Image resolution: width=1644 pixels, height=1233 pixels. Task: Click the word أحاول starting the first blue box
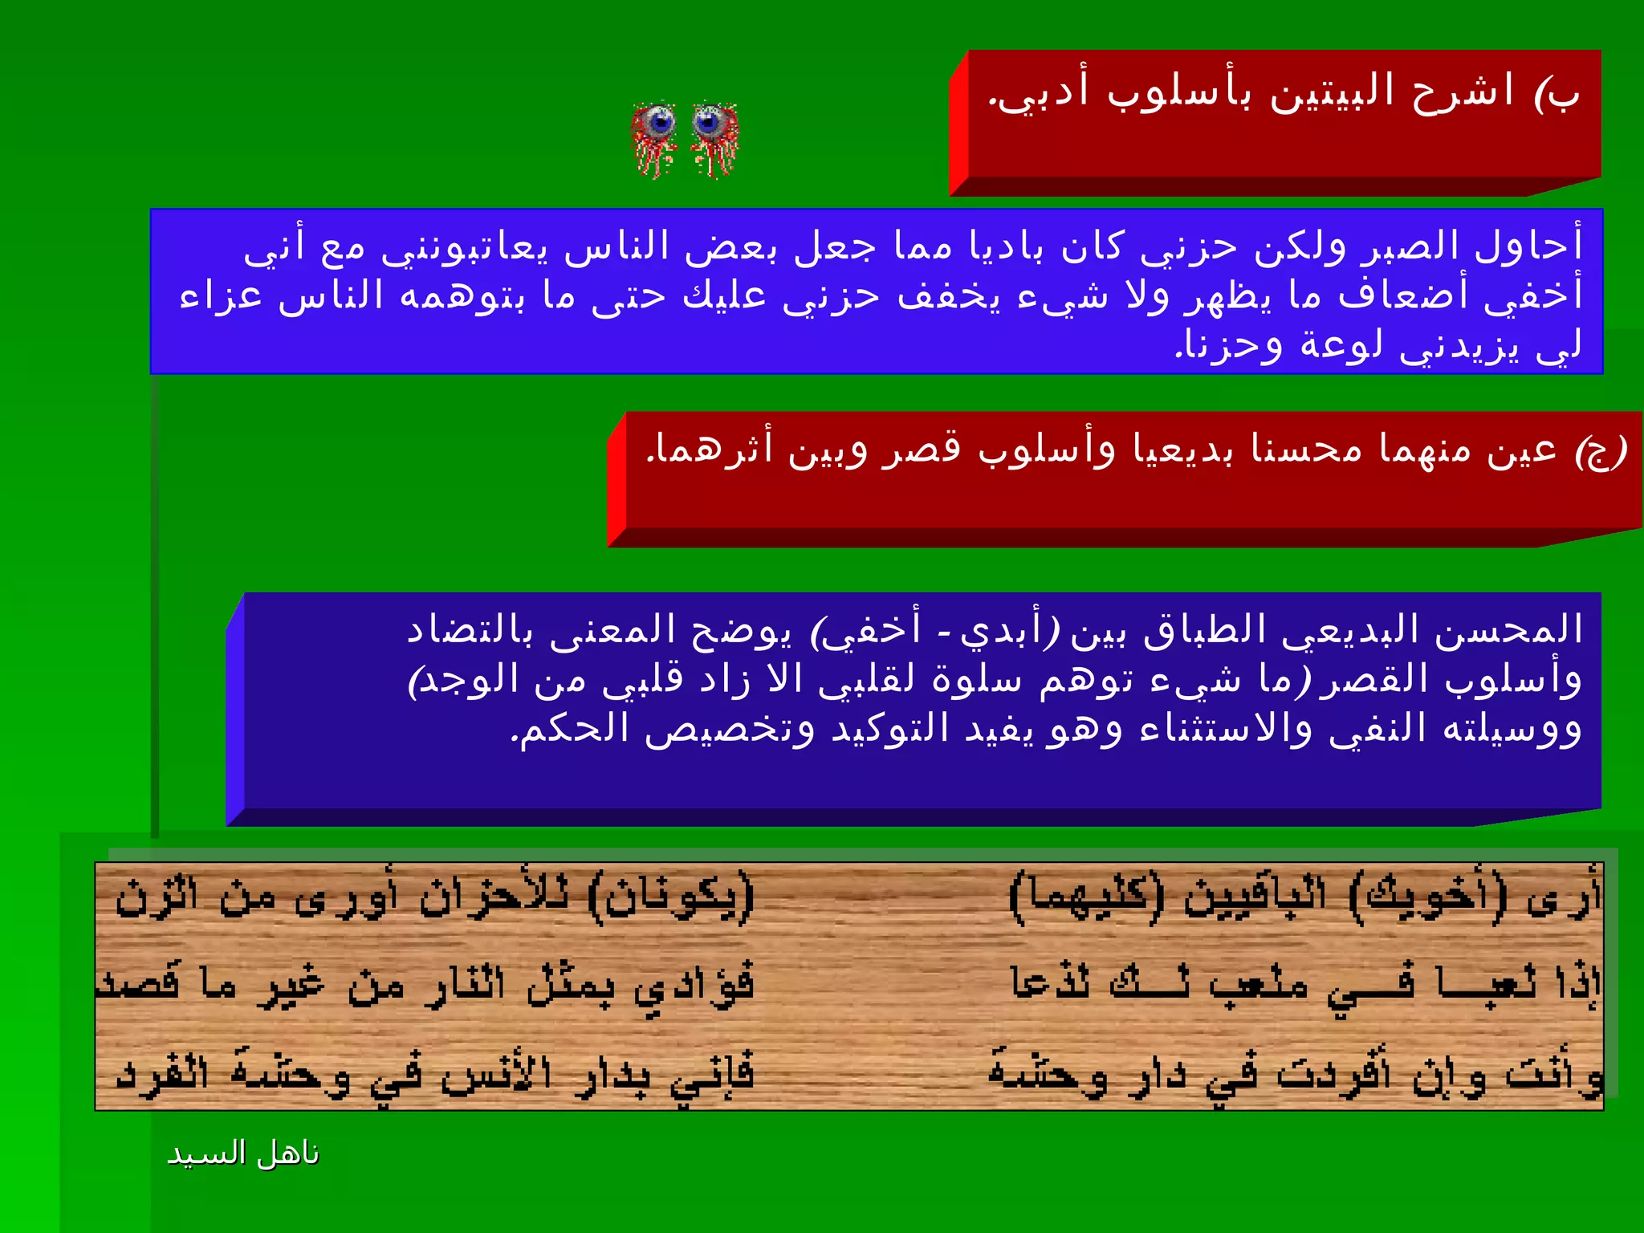point(1528,246)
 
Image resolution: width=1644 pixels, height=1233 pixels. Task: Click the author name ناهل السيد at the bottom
point(242,1154)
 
